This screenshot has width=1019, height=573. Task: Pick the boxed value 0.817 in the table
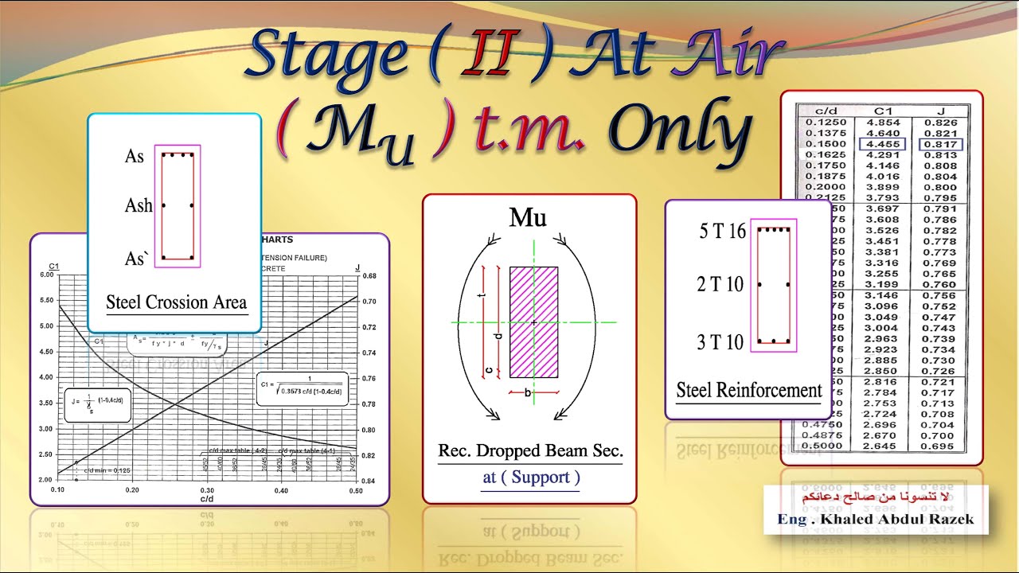tap(940, 144)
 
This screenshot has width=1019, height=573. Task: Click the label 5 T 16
tap(722, 232)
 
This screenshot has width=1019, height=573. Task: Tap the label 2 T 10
tap(720, 285)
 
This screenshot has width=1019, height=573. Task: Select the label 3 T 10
tap(720, 342)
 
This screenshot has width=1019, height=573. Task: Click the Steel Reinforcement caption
tap(748, 391)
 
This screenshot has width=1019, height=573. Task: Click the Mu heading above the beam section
tap(528, 217)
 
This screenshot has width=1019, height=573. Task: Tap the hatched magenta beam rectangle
tap(533, 322)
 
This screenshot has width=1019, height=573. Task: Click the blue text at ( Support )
tap(531, 477)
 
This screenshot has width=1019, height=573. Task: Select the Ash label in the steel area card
tap(138, 206)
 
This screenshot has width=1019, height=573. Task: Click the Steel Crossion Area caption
tap(176, 302)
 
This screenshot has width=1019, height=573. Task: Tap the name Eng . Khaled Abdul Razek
tap(875, 520)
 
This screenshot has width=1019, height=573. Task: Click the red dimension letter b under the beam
tap(528, 393)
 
